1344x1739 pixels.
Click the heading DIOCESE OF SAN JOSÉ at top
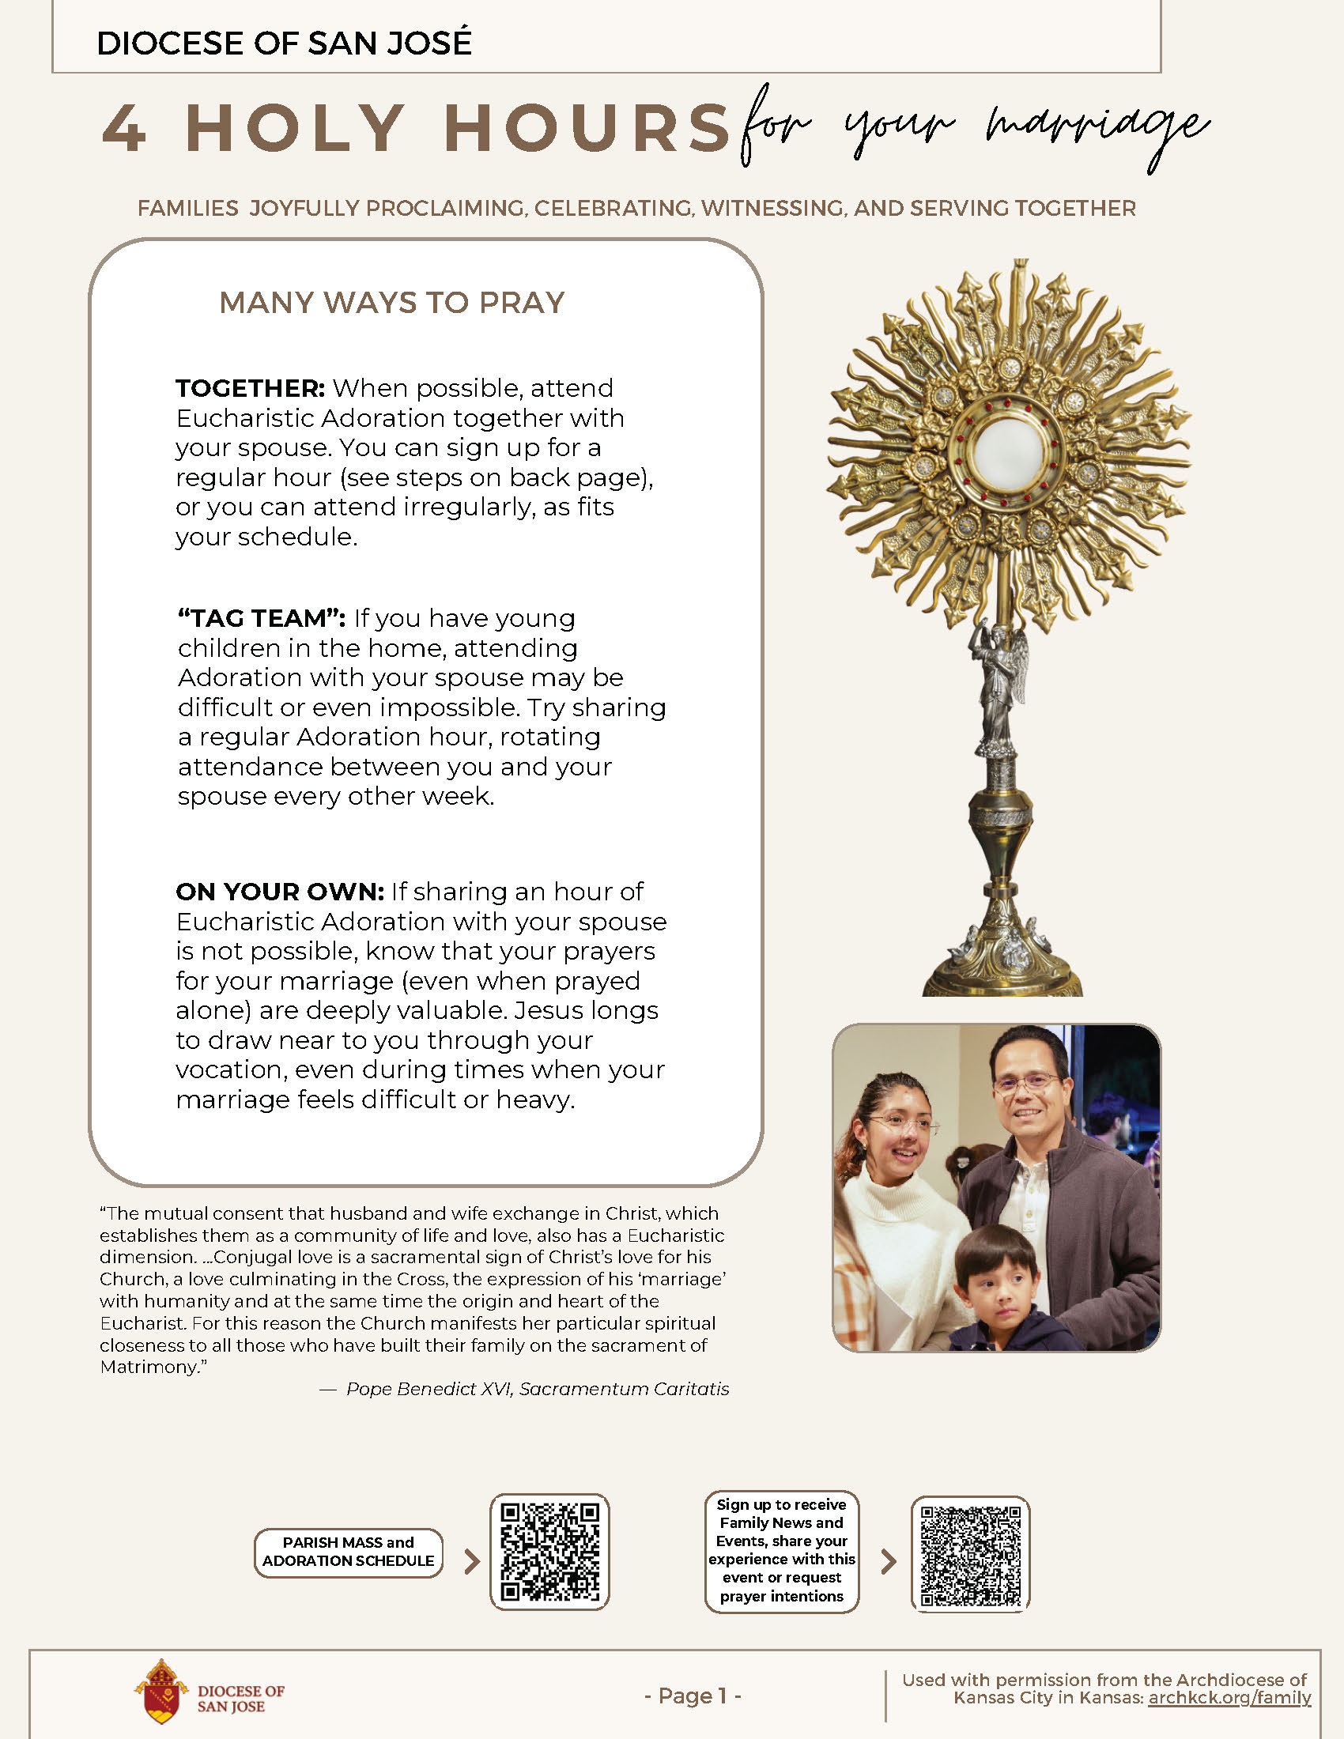tap(284, 43)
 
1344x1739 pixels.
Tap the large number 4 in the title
tap(125, 128)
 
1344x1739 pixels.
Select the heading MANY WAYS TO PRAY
tap(391, 303)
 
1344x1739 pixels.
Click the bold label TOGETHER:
tap(250, 389)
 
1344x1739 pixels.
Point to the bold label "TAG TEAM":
tap(261, 618)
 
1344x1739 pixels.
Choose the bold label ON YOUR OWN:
tap(279, 891)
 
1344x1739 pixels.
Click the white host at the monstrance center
tap(1008, 454)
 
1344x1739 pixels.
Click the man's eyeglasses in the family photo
tap(1028, 1082)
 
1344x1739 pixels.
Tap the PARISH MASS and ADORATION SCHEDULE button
tap(348, 1552)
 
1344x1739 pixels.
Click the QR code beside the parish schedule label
tap(549, 1552)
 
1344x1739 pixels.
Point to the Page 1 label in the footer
tap(693, 1696)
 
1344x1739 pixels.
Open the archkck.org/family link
tap(1229, 1698)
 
